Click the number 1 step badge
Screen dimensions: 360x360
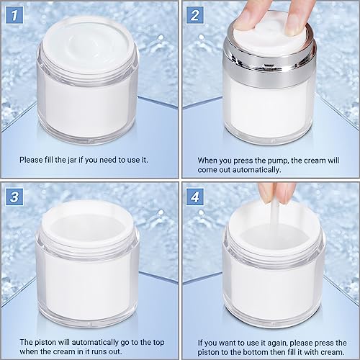coord(14,15)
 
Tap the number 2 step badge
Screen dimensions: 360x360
coord(195,15)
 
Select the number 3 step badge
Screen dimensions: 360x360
coord(14,197)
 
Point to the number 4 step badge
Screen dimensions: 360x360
coord(195,197)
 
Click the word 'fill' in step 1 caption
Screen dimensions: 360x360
coord(49,160)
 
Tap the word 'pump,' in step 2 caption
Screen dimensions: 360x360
coord(276,161)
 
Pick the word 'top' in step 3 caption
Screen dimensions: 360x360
coord(158,343)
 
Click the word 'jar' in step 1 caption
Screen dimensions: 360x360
coord(72,160)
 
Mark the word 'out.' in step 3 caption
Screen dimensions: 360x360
coord(115,352)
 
